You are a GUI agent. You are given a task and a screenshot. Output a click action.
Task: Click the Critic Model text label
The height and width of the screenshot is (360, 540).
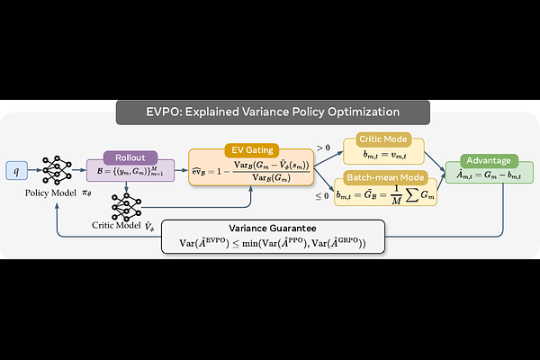point(119,229)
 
